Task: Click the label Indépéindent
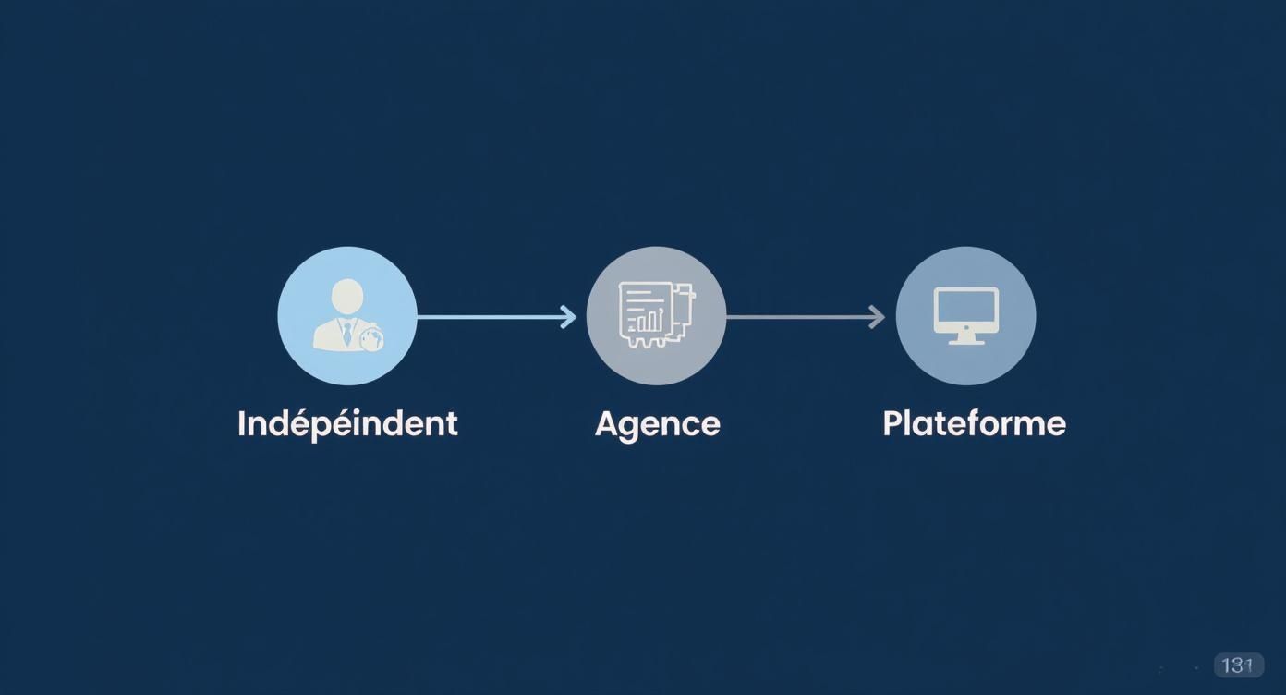click(x=347, y=424)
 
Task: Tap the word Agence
click(x=657, y=424)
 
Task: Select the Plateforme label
click(x=974, y=423)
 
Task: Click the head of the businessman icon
click(x=347, y=296)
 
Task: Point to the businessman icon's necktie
click(x=347, y=333)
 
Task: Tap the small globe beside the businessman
click(x=371, y=339)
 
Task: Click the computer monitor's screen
click(x=965, y=306)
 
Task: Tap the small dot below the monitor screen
click(x=965, y=326)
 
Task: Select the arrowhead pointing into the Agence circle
click(x=568, y=317)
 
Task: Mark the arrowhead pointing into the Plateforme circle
click(x=877, y=317)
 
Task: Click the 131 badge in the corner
click(x=1238, y=665)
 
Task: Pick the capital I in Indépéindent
click(x=242, y=423)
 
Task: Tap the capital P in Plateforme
click(x=892, y=423)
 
